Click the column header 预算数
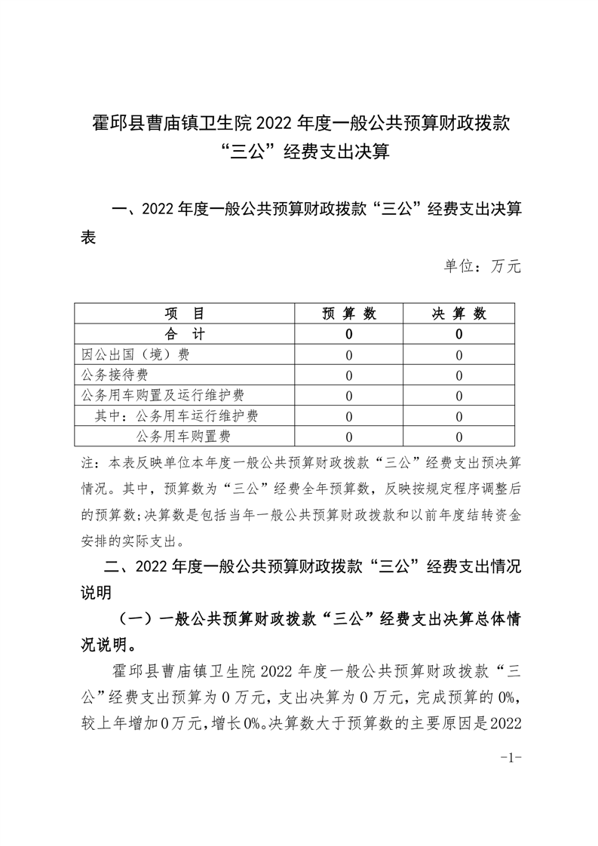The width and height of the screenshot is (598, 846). (348, 314)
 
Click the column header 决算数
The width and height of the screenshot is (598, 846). (459, 314)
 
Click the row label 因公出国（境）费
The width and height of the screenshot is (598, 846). (135, 354)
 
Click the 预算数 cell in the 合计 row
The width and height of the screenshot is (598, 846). (348, 334)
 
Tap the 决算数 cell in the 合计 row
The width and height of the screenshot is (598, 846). (459, 334)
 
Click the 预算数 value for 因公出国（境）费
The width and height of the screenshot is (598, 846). (348, 354)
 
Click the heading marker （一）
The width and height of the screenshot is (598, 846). (131, 620)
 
